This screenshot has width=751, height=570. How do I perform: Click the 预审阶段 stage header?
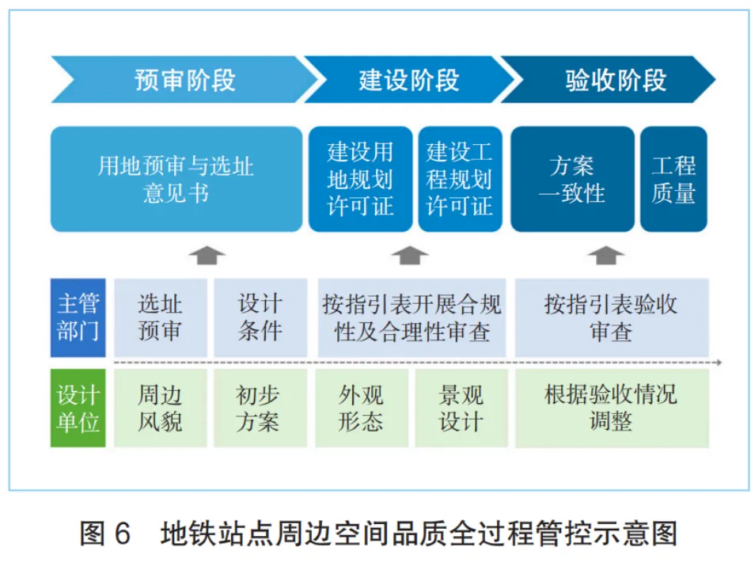[x=184, y=80]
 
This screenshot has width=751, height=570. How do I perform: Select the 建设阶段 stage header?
[x=408, y=80]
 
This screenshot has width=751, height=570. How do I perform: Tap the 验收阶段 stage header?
[x=615, y=80]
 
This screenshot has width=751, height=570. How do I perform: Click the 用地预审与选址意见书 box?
[x=176, y=179]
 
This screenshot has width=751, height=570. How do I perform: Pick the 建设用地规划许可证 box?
[x=360, y=179]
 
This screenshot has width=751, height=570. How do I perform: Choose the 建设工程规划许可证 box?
[x=460, y=179]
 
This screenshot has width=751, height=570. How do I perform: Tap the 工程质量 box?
[x=673, y=179]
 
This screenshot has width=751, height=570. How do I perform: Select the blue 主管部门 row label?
[x=78, y=317]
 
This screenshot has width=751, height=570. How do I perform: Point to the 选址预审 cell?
[x=160, y=317]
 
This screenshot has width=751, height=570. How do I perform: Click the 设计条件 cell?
[x=260, y=317]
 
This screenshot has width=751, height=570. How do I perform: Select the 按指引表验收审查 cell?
[x=611, y=317]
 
